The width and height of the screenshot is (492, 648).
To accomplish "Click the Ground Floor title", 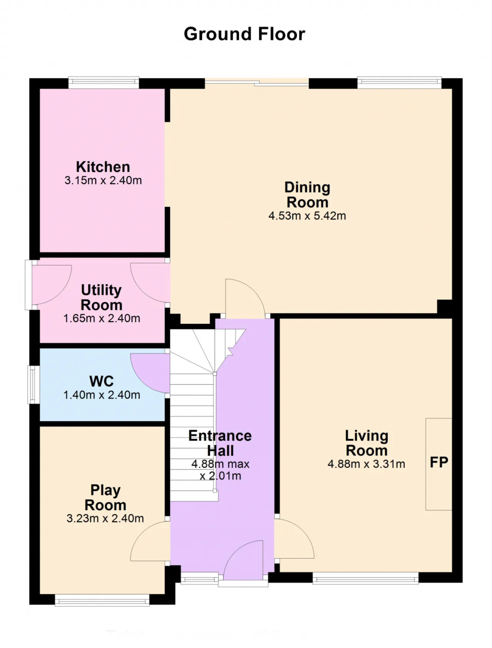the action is click(244, 34).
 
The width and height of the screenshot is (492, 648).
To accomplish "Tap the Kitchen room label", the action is click(103, 167).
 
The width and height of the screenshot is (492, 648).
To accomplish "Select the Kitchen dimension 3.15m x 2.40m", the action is click(103, 180).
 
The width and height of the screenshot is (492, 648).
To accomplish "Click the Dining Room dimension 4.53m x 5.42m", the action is click(307, 215).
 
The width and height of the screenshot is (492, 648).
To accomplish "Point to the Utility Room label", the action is click(101, 297).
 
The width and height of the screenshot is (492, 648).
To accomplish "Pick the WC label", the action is click(101, 381).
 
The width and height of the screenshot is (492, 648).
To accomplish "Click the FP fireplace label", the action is click(439, 462).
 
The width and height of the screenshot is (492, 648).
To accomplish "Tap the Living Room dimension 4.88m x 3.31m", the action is click(366, 464).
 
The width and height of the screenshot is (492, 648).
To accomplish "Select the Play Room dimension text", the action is click(105, 519).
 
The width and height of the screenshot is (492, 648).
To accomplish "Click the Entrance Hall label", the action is click(220, 443).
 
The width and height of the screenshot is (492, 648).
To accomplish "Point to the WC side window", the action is click(34, 384).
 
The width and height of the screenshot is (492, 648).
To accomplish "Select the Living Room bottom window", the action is click(366, 578).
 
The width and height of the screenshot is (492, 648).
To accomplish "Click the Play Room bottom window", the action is click(102, 600).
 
